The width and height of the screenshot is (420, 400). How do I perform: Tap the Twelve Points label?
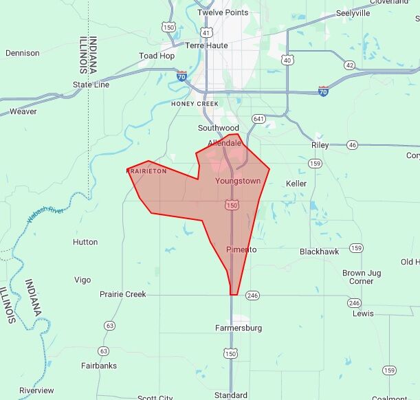coord(223,13)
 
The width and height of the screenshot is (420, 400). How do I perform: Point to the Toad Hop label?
coord(157,56)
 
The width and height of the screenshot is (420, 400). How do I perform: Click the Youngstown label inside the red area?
coord(238,181)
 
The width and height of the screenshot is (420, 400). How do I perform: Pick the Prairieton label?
coord(146,171)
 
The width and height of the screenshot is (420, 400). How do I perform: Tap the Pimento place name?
coord(241,249)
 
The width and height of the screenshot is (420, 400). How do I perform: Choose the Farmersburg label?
coord(239,328)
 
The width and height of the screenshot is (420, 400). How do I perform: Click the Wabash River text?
coord(45,214)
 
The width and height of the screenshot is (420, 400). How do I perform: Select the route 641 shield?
coord(258,119)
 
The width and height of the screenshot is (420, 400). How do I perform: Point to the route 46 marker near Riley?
coord(353,145)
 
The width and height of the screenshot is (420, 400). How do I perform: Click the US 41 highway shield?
coord(206,32)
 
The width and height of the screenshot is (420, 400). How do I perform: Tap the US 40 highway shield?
coord(287,60)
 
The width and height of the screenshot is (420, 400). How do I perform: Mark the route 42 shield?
coord(350,65)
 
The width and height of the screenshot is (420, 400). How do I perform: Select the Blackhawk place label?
coord(319,252)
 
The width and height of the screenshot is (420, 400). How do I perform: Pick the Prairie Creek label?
coord(123,294)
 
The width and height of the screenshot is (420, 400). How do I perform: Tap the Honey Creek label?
coord(195,104)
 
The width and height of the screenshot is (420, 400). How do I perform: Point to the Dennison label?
coord(23,53)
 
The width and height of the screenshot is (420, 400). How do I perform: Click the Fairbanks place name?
coord(99,366)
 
